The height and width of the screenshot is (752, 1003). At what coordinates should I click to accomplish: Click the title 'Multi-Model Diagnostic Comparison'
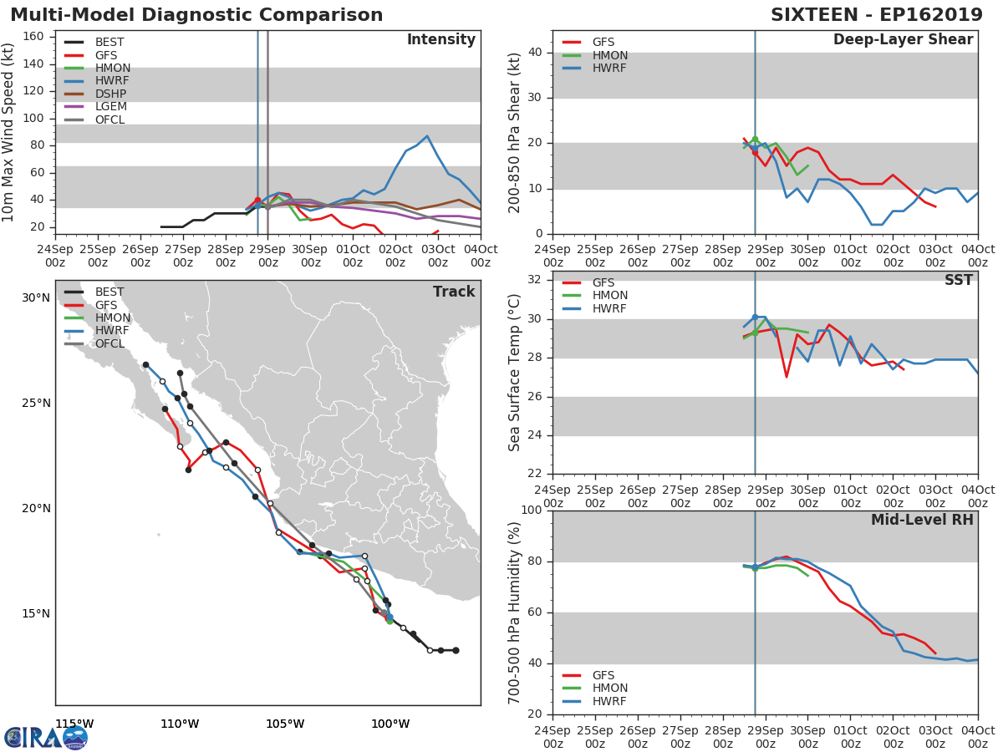coord(196,15)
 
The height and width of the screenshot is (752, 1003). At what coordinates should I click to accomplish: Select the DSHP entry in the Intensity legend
coord(109,94)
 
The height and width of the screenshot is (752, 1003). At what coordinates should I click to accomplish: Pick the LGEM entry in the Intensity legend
coord(109,107)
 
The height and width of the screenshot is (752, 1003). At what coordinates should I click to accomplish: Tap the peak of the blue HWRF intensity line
coord(427,135)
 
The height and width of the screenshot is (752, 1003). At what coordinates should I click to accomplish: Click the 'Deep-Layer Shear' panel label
coord(903,40)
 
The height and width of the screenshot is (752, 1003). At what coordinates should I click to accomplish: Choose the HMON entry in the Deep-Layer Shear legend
coord(609,55)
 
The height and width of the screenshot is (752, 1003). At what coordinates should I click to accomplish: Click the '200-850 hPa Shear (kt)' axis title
coord(515,132)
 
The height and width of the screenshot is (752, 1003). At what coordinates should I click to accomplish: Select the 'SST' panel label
coord(958,281)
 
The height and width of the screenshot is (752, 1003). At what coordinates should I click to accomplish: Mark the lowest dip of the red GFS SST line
coord(787,377)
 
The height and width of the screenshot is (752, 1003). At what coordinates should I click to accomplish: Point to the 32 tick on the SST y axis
coord(536,280)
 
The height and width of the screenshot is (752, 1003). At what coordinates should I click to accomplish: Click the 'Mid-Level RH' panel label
coord(922,520)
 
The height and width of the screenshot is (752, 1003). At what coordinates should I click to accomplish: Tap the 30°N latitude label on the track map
coord(36,298)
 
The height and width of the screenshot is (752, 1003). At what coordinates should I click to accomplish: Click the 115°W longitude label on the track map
coord(74,723)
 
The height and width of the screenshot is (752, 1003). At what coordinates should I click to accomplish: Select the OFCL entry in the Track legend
coord(109,343)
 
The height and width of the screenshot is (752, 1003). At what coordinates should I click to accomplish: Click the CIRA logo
coord(45,737)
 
